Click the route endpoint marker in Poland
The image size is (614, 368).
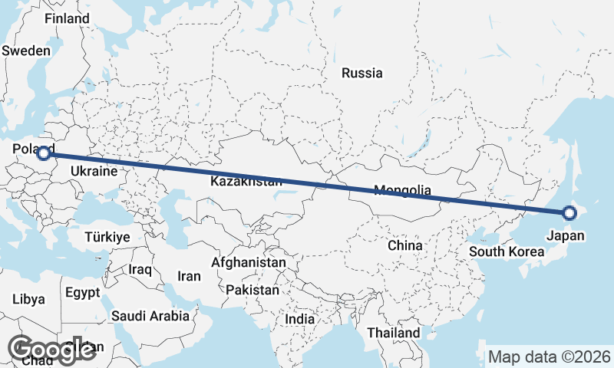pos(45,153)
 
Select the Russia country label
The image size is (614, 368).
pos(362,74)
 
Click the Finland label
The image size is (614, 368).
pos(61,18)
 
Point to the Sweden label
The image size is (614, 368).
pos(26,51)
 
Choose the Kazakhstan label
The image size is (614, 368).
pos(246,182)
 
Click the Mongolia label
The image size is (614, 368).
pos(402,191)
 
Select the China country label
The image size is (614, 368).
pos(405,245)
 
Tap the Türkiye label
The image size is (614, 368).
pos(107,236)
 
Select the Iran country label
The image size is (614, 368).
pos(189,276)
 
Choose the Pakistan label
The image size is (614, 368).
pos(253,291)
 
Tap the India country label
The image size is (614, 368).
pos(300,319)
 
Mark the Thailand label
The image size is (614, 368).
pos(394,333)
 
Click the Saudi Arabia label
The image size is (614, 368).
pos(150,315)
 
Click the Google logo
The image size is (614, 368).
pos(51,349)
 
